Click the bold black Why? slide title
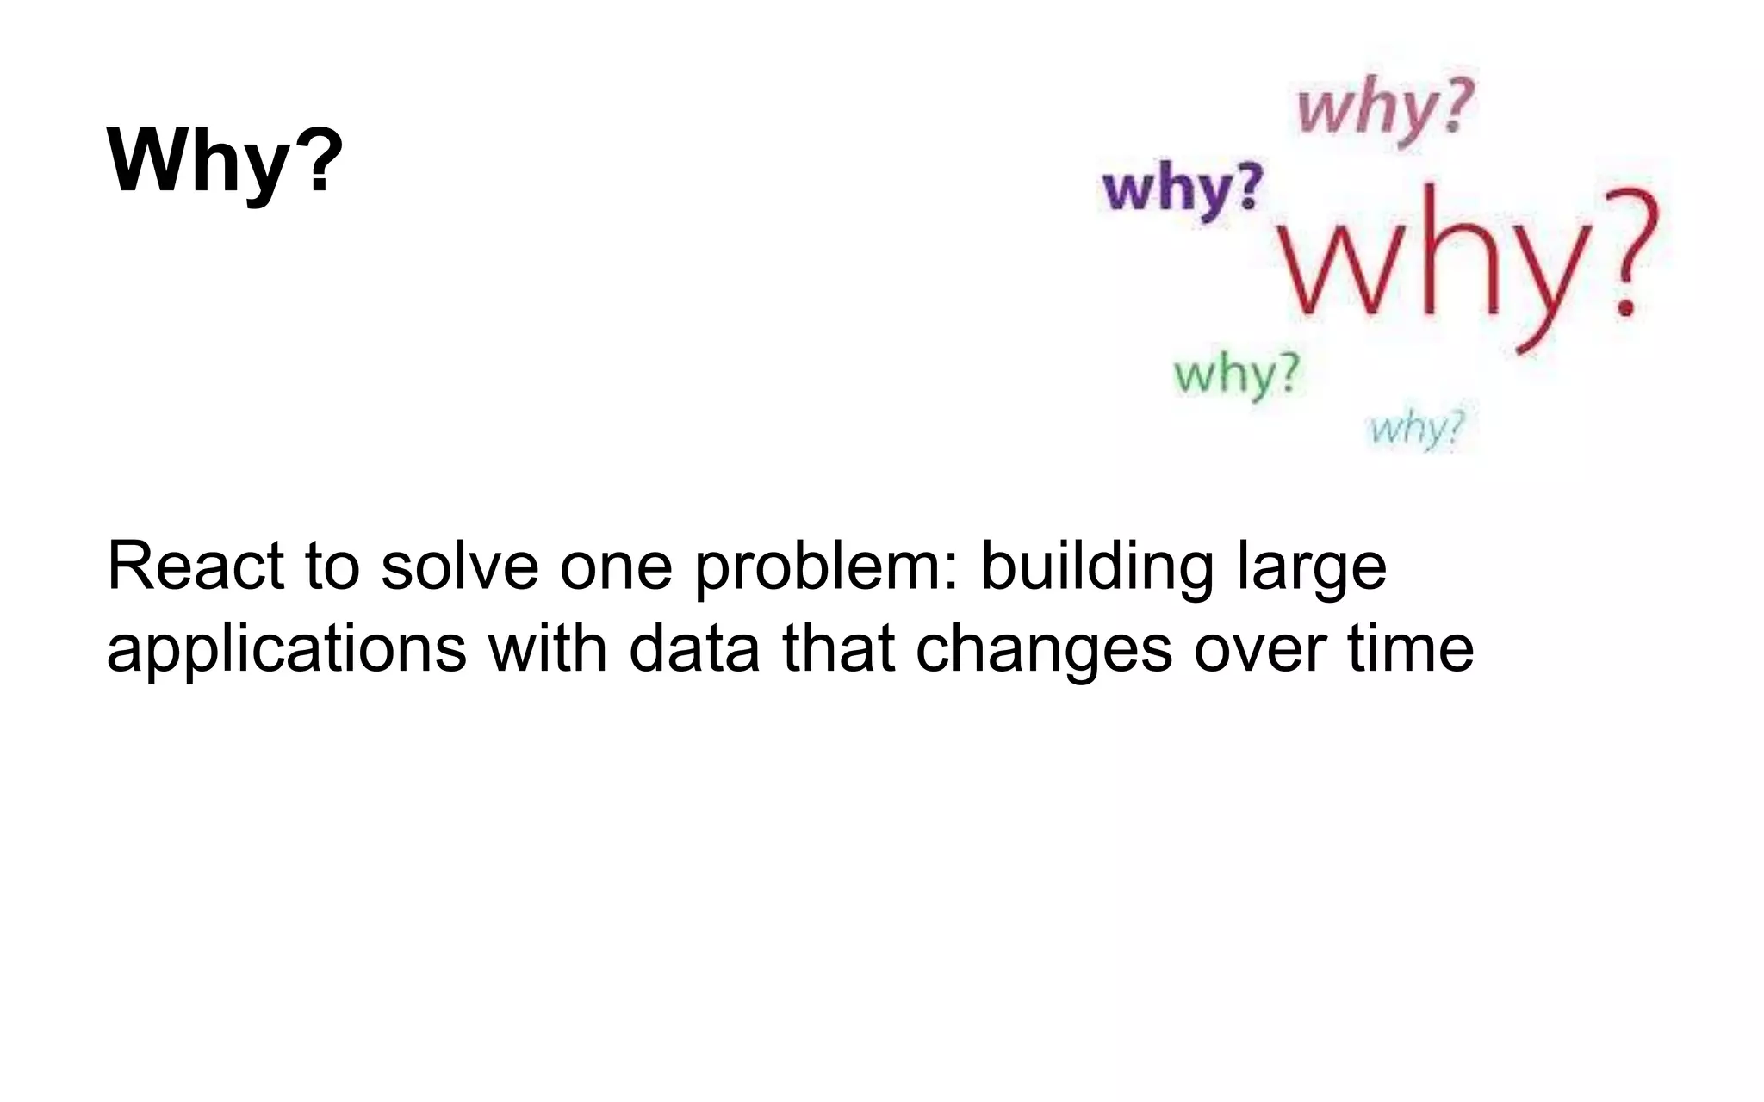point(225,161)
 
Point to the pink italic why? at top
point(1385,108)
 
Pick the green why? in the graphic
point(1237,375)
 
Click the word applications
point(286,650)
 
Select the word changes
point(1043,650)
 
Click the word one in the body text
point(615,568)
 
